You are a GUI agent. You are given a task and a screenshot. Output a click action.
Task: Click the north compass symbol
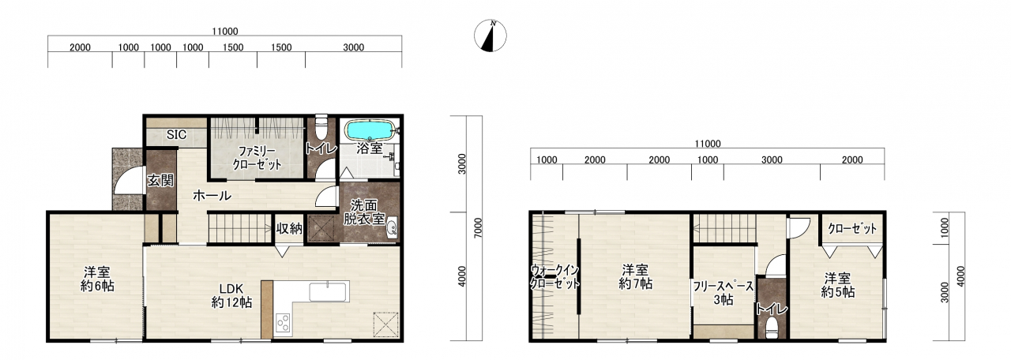pyautogui.click(x=490, y=36)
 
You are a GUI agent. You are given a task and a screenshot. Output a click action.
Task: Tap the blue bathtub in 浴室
pyautogui.click(x=370, y=130)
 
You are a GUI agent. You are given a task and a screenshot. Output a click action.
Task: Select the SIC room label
pyautogui.click(x=176, y=134)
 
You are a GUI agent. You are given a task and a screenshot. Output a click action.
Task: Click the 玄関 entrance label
pyautogui.click(x=160, y=181)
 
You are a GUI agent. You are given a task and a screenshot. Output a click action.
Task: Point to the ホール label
pyautogui.click(x=212, y=195)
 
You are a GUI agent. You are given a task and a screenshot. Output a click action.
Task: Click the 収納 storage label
pyautogui.click(x=289, y=229)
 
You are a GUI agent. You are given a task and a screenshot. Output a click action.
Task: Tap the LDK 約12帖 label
pyautogui.click(x=232, y=295)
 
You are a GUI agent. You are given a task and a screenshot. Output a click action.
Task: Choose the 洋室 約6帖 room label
pyautogui.click(x=97, y=279)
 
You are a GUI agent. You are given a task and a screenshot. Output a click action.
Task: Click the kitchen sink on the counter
pyautogui.click(x=328, y=291)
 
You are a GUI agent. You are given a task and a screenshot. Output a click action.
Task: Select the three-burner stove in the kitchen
pyautogui.click(x=284, y=324)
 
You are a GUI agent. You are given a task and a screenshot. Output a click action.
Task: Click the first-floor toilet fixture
pyautogui.click(x=321, y=127)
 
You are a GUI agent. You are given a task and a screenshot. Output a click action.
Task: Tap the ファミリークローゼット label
pyautogui.click(x=257, y=157)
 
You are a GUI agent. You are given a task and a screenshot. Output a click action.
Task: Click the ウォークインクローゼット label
pyautogui.click(x=554, y=277)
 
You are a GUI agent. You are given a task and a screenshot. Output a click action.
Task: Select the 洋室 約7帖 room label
pyautogui.click(x=635, y=276)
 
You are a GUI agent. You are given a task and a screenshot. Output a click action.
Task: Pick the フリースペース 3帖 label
pyautogui.click(x=723, y=293)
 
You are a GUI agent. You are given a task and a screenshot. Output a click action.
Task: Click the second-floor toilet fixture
pyautogui.click(x=772, y=328)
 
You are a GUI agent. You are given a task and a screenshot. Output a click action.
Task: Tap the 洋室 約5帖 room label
pyautogui.click(x=838, y=285)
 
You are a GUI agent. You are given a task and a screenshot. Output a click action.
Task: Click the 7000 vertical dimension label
pyautogui.click(x=479, y=228)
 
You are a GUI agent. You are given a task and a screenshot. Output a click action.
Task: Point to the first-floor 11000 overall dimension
pyautogui.click(x=225, y=32)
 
